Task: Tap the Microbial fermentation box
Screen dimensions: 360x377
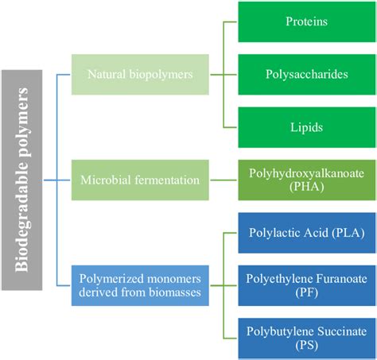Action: pyautogui.click(x=141, y=180)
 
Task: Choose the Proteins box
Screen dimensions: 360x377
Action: pyautogui.click(x=306, y=21)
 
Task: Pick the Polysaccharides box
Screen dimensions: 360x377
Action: pyautogui.click(x=306, y=74)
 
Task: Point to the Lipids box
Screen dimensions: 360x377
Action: pyautogui.click(x=306, y=126)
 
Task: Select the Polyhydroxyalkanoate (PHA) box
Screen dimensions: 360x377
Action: pyautogui.click(x=306, y=180)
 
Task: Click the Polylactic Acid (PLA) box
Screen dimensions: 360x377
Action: pyautogui.click(x=306, y=233)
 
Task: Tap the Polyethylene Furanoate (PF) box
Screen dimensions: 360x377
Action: pyautogui.click(x=306, y=285)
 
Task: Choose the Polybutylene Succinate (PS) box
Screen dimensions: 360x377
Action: pyautogui.click(x=306, y=337)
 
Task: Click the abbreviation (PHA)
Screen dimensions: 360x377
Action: pyautogui.click(x=306, y=188)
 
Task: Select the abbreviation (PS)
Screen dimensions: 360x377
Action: pyautogui.click(x=306, y=345)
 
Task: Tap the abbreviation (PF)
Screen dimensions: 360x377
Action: pyautogui.click(x=306, y=293)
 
